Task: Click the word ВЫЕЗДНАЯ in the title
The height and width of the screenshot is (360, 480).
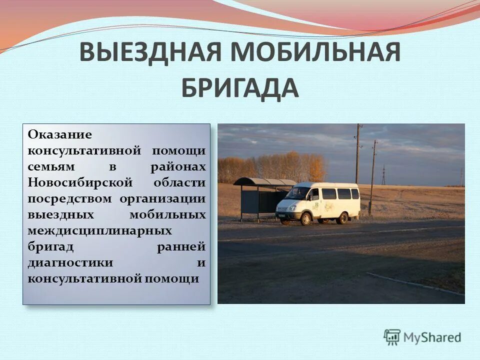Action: [145, 52]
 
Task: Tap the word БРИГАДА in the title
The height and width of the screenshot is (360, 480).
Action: [239, 88]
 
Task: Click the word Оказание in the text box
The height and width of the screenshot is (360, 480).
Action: [60, 134]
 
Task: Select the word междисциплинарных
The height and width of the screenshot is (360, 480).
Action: [100, 230]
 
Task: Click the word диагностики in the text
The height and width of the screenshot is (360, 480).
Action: [70, 262]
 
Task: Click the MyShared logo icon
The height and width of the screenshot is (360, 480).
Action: [392, 337]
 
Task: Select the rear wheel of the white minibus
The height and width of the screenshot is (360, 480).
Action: [343, 218]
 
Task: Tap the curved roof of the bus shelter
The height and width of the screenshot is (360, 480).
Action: [265, 181]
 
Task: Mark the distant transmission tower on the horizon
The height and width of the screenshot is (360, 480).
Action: [383, 175]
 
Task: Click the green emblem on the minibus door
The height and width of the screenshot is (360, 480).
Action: [316, 205]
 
